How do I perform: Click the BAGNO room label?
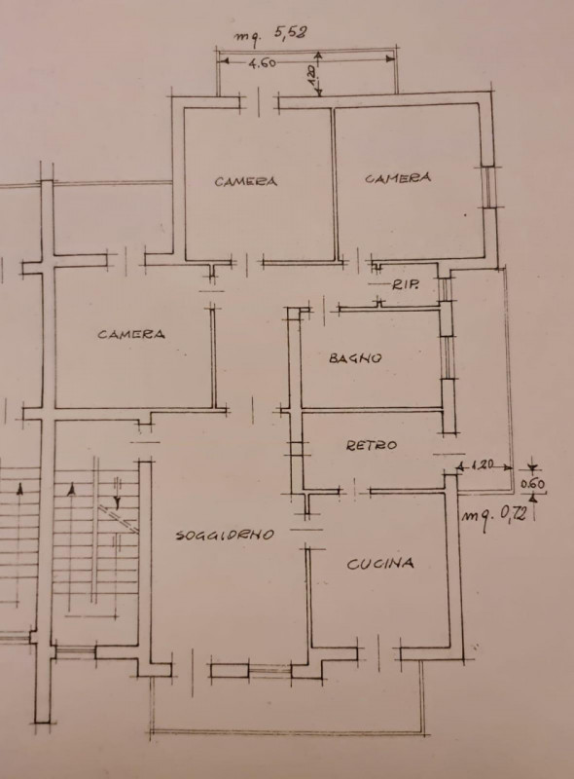coord(355,357)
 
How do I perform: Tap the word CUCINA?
coord(380,564)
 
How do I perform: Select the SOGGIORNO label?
coord(225,535)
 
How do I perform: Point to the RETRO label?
coord(372,445)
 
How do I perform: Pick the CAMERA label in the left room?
coord(131,334)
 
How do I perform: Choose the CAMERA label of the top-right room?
coord(398,178)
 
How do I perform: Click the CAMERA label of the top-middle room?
coord(246,181)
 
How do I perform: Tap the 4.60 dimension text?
coord(262,63)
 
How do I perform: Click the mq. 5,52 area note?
coord(270,35)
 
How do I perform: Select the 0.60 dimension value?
coord(532,483)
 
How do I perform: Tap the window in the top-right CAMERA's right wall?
coord(488,186)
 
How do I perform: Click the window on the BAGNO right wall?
coord(448,357)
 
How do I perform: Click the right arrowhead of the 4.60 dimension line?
coord(391,58)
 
